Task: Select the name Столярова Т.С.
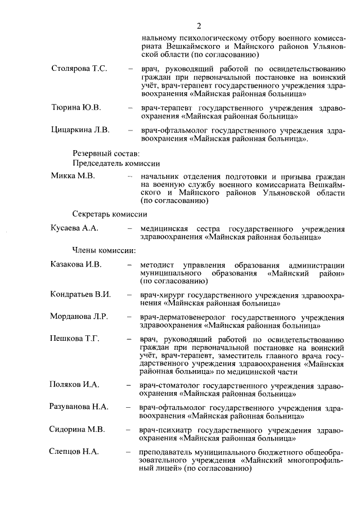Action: [79, 69]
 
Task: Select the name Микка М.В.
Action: [73, 176]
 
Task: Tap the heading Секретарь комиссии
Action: [110, 214]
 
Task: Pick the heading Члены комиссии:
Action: [103, 250]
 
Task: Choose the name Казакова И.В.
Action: [76, 264]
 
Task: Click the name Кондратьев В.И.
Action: [80, 294]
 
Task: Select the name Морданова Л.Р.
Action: [79, 316]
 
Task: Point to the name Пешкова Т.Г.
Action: [75, 338]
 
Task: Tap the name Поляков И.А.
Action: [75, 384]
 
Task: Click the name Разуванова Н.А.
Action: [79, 406]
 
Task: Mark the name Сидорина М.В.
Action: [78, 430]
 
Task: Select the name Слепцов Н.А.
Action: [75, 452]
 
